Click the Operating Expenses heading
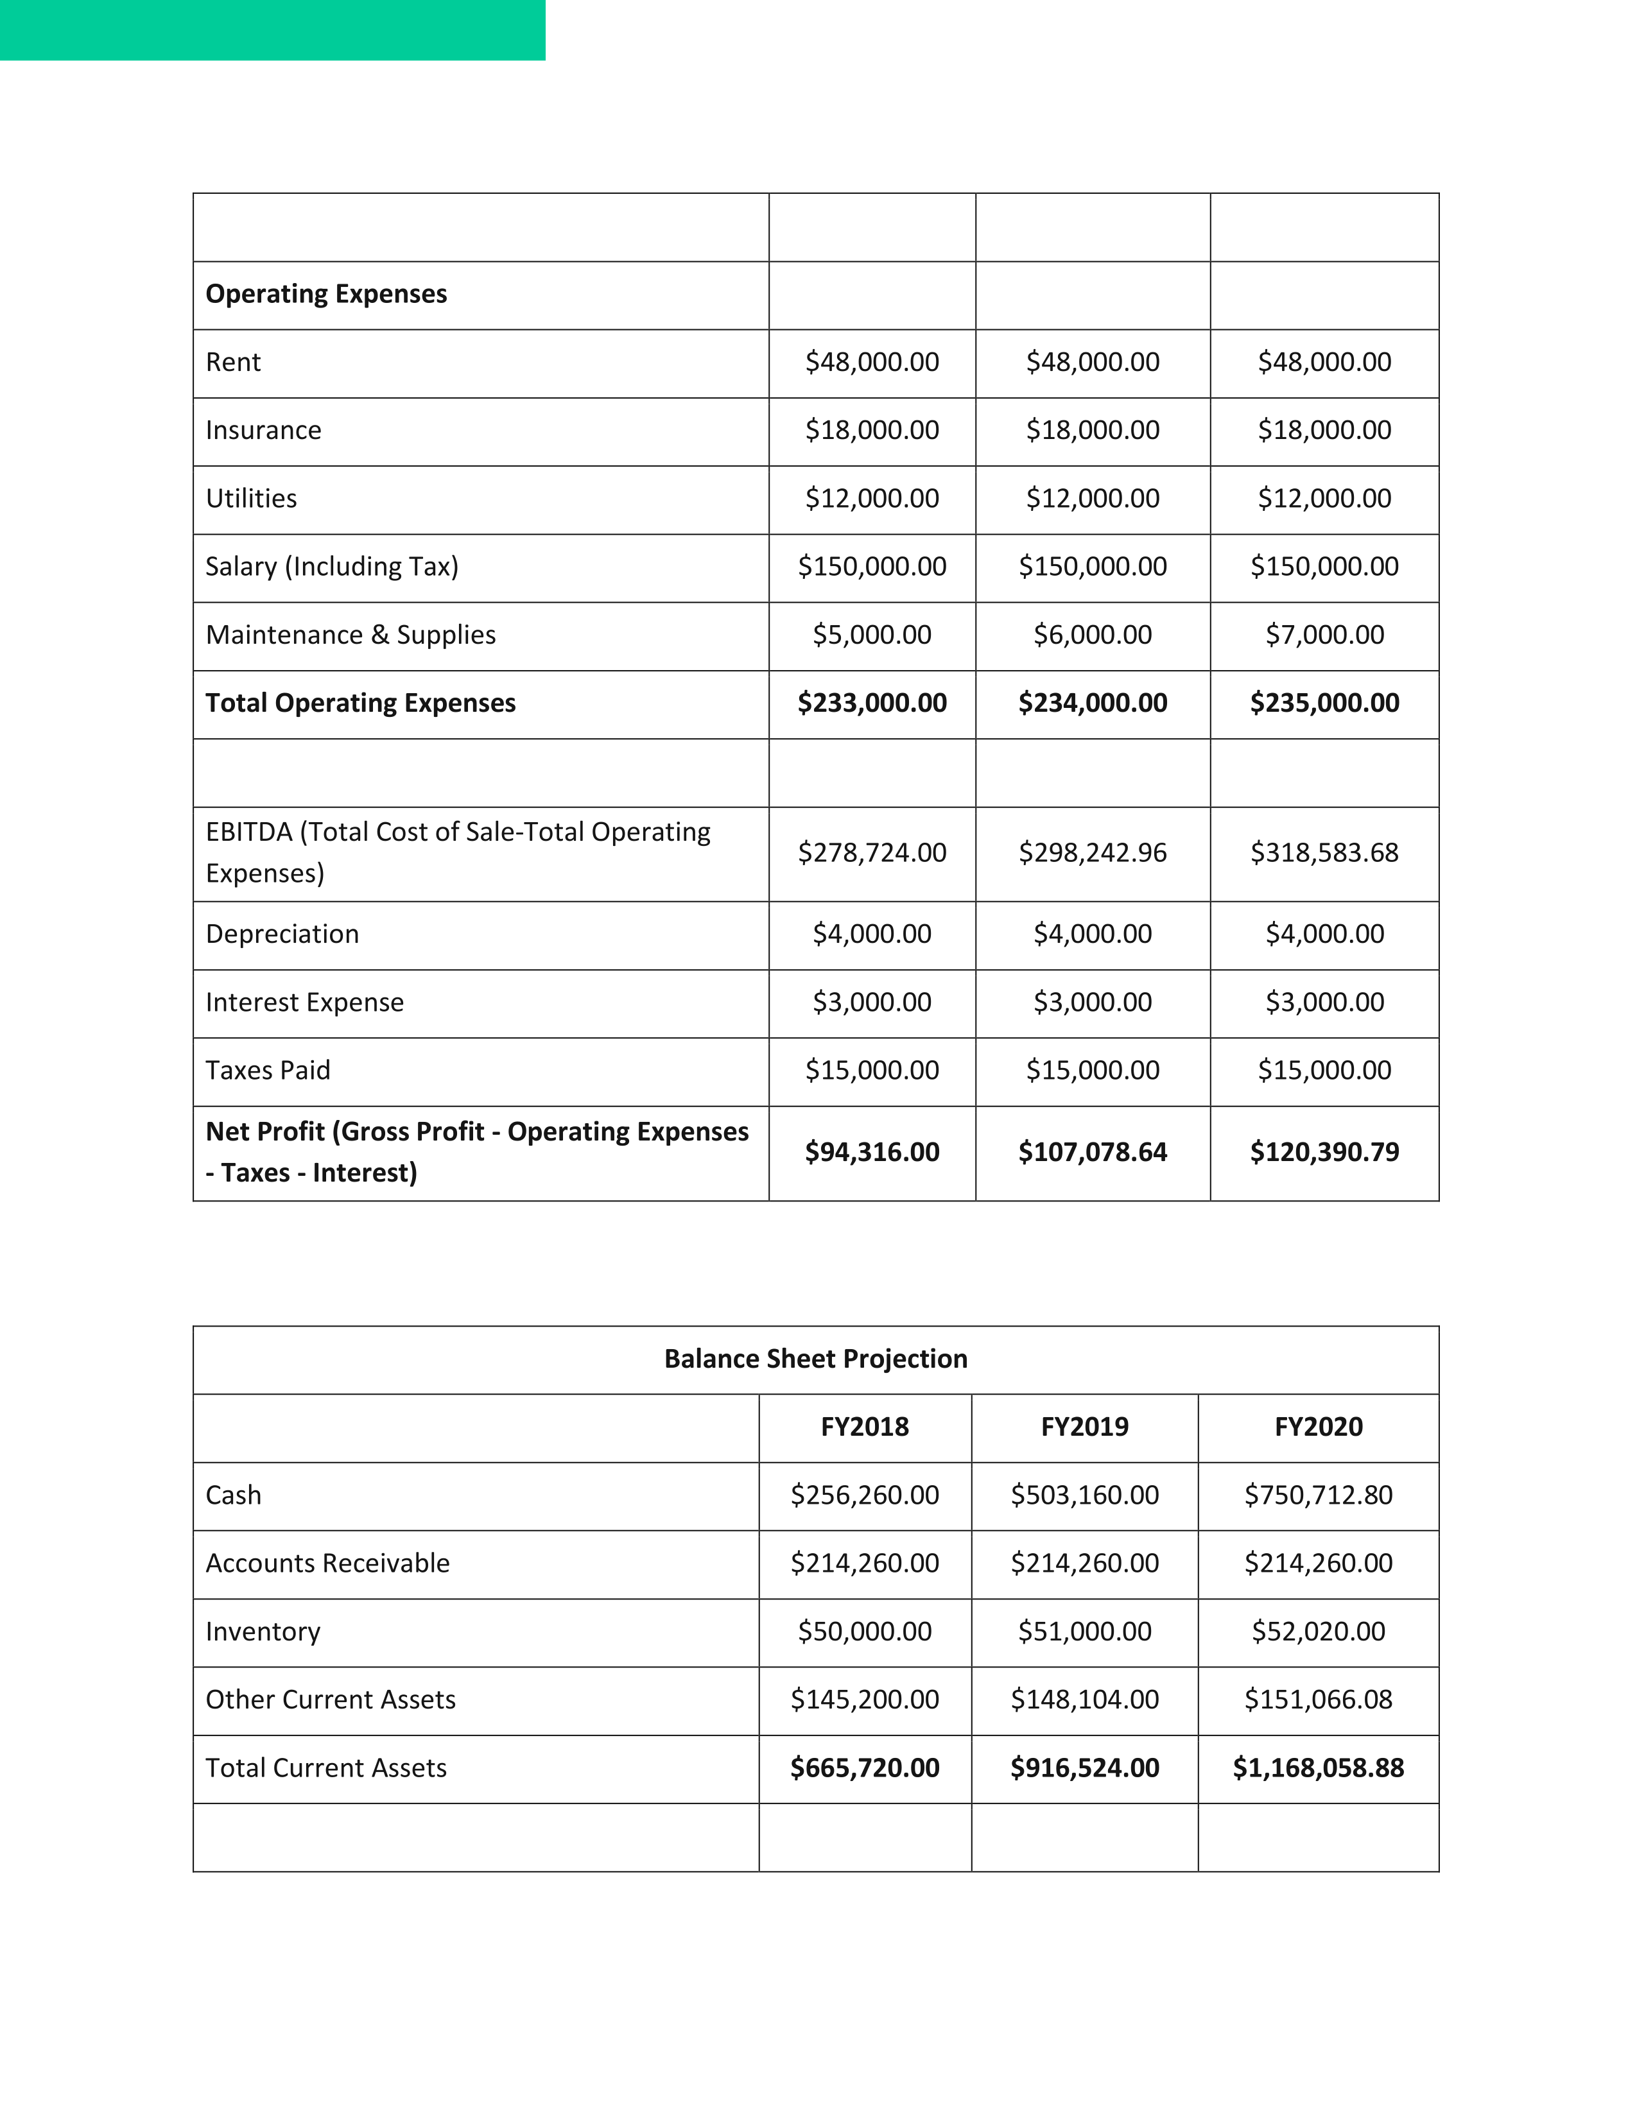coord(326,294)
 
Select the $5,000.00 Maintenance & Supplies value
coord(872,635)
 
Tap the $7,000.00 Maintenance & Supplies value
coord(1325,635)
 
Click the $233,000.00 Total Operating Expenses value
coord(872,703)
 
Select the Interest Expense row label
coord(304,1003)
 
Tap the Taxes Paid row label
coord(268,1071)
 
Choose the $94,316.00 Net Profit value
coord(872,1152)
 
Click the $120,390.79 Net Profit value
coord(1325,1152)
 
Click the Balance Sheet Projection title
coord(815,1359)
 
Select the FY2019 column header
coord(1084,1427)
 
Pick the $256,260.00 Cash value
coord(864,1495)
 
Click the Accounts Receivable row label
coord(328,1563)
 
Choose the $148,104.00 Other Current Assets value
coord(1084,1700)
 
